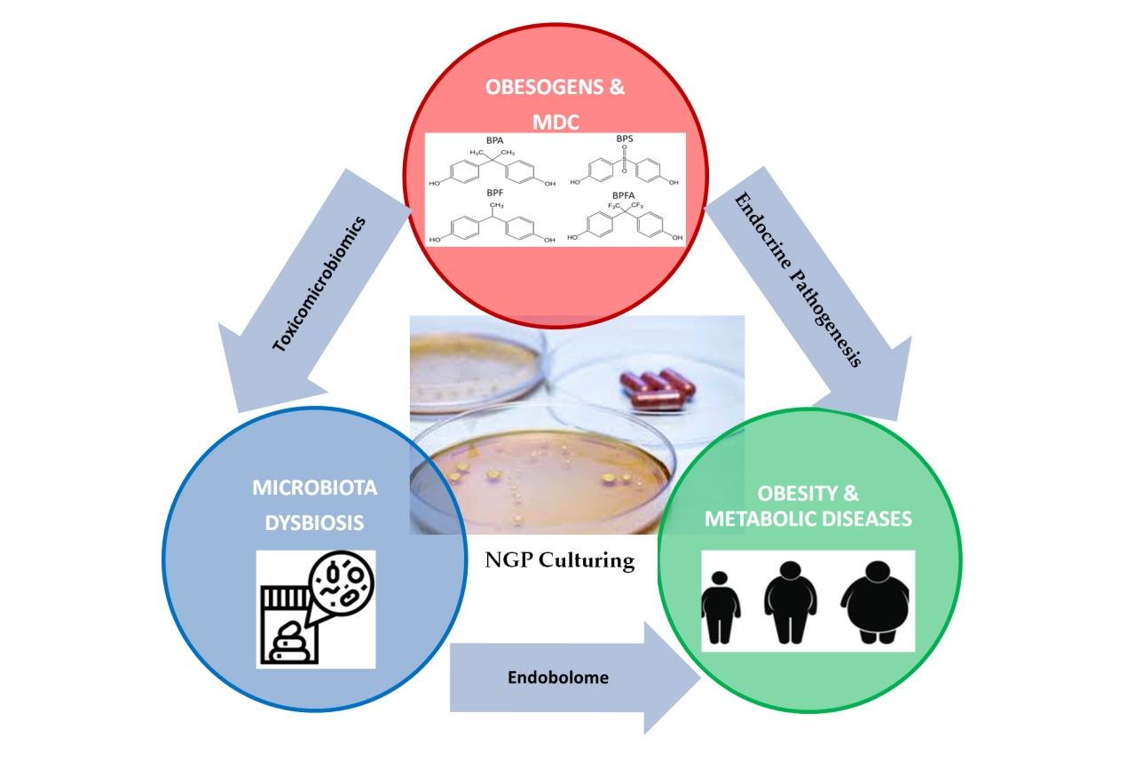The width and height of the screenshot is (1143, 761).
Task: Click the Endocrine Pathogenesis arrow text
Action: pyautogui.click(x=799, y=280)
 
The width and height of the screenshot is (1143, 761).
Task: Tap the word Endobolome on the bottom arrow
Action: pyautogui.click(x=558, y=678)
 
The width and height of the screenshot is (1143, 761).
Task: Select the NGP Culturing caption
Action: pyautogui.click(x=560, y=560)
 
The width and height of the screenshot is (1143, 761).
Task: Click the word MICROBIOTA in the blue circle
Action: pyautogui.click(x=315, y=488)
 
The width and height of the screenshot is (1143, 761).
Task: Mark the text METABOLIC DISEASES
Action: pyautogui.click(x=808, y=519)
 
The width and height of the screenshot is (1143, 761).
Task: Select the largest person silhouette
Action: pyautogui.click(x=874, y=604)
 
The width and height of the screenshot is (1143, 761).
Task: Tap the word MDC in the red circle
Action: pyautogui.click(x=556, y=121)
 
